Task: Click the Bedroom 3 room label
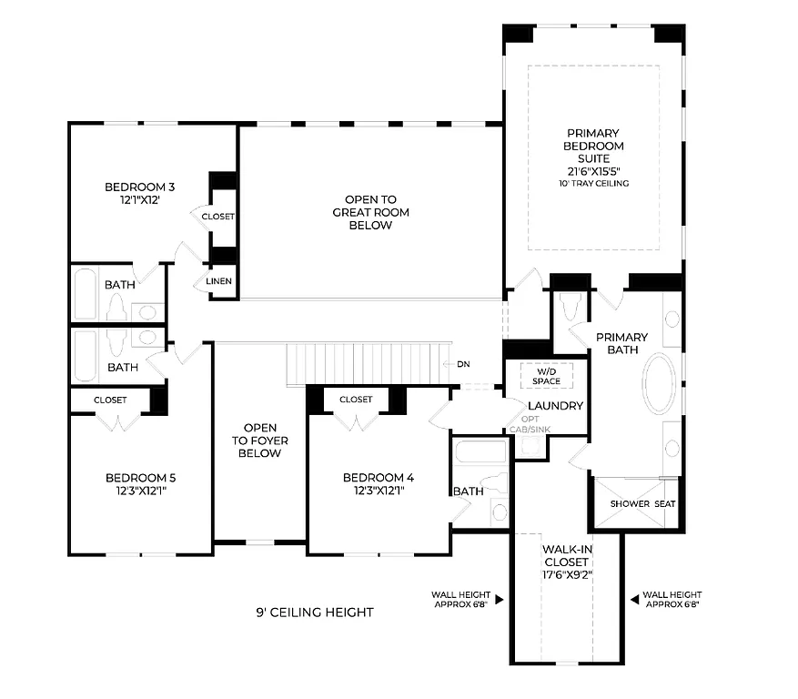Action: [140, 187]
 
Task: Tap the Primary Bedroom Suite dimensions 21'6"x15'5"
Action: [593, 170]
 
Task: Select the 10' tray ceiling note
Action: [593, 183]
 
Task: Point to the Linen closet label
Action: [218, 281]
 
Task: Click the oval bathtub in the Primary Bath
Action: [659, 382]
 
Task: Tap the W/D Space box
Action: [546, 376]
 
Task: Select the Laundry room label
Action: [555, 405]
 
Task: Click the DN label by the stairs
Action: [463, 364]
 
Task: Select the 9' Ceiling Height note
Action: [314, 613]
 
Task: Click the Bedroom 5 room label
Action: [140, 477]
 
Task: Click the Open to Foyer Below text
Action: [260, 440]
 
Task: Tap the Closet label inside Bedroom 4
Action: [356, 400]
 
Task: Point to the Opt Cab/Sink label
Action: [529, 424]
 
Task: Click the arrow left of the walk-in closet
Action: [500, 600]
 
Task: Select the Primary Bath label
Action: [622, 343]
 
